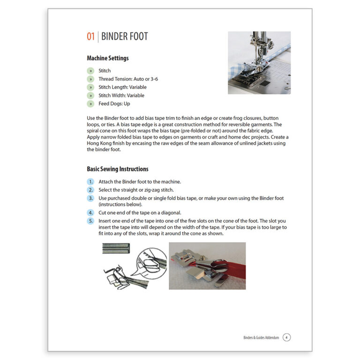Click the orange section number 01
[91, 37]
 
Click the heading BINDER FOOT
[125, 37]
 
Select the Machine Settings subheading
[108, 59]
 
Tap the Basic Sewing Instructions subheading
[117, 169]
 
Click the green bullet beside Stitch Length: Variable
[90, 87]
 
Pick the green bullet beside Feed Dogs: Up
[90, 104]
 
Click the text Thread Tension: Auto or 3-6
[128, 79]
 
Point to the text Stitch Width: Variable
[121, 96]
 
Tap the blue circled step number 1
[90, 182]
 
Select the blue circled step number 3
[90, 198]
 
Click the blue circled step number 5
[90, 220]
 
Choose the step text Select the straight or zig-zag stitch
[136, 190]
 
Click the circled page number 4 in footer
[287, 337]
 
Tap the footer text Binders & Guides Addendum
[261, 337]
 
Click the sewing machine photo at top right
[259, 62]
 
